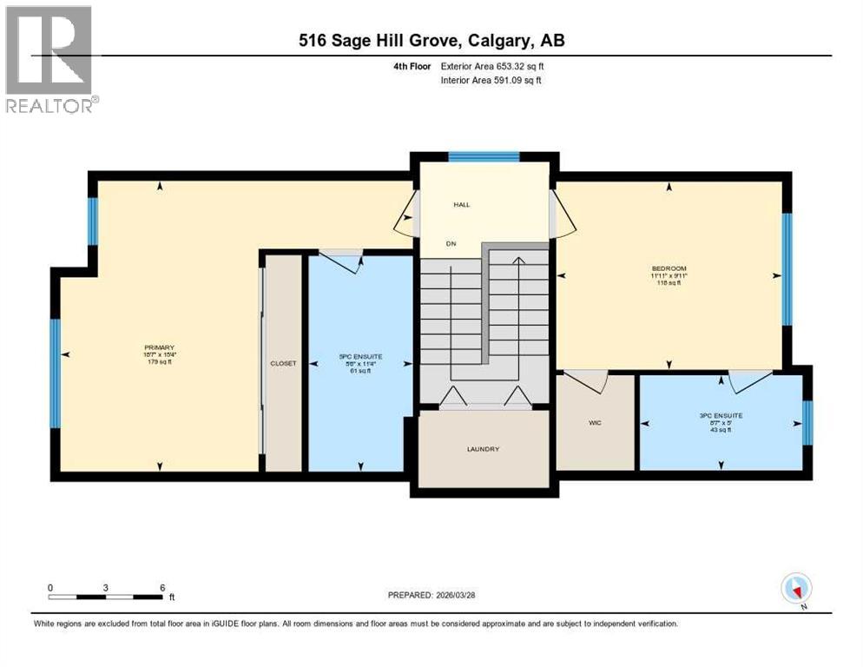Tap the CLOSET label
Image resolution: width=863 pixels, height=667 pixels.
[x=283, y=363]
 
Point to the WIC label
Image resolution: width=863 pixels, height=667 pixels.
[x=596, y=422]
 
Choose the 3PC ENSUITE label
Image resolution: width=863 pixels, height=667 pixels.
[x=721, y=415]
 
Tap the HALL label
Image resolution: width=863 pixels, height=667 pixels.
[x=461, y=205]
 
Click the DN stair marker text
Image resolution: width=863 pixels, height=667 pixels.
[x=451, y=244]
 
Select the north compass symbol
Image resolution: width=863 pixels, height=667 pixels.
[x=795, y=589]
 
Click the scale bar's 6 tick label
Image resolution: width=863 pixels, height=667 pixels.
[x=162, y=586]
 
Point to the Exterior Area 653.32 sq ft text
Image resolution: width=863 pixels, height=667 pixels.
[x=492, y=66]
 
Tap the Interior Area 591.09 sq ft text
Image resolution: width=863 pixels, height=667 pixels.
[x=492, y=81]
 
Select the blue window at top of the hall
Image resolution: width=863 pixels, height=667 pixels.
[x=484, y=157]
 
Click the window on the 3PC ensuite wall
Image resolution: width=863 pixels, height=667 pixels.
[x=807, y=422]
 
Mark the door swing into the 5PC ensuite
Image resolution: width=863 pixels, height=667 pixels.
[x=344, y=261]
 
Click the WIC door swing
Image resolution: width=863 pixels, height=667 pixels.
[x=586, y=380]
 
